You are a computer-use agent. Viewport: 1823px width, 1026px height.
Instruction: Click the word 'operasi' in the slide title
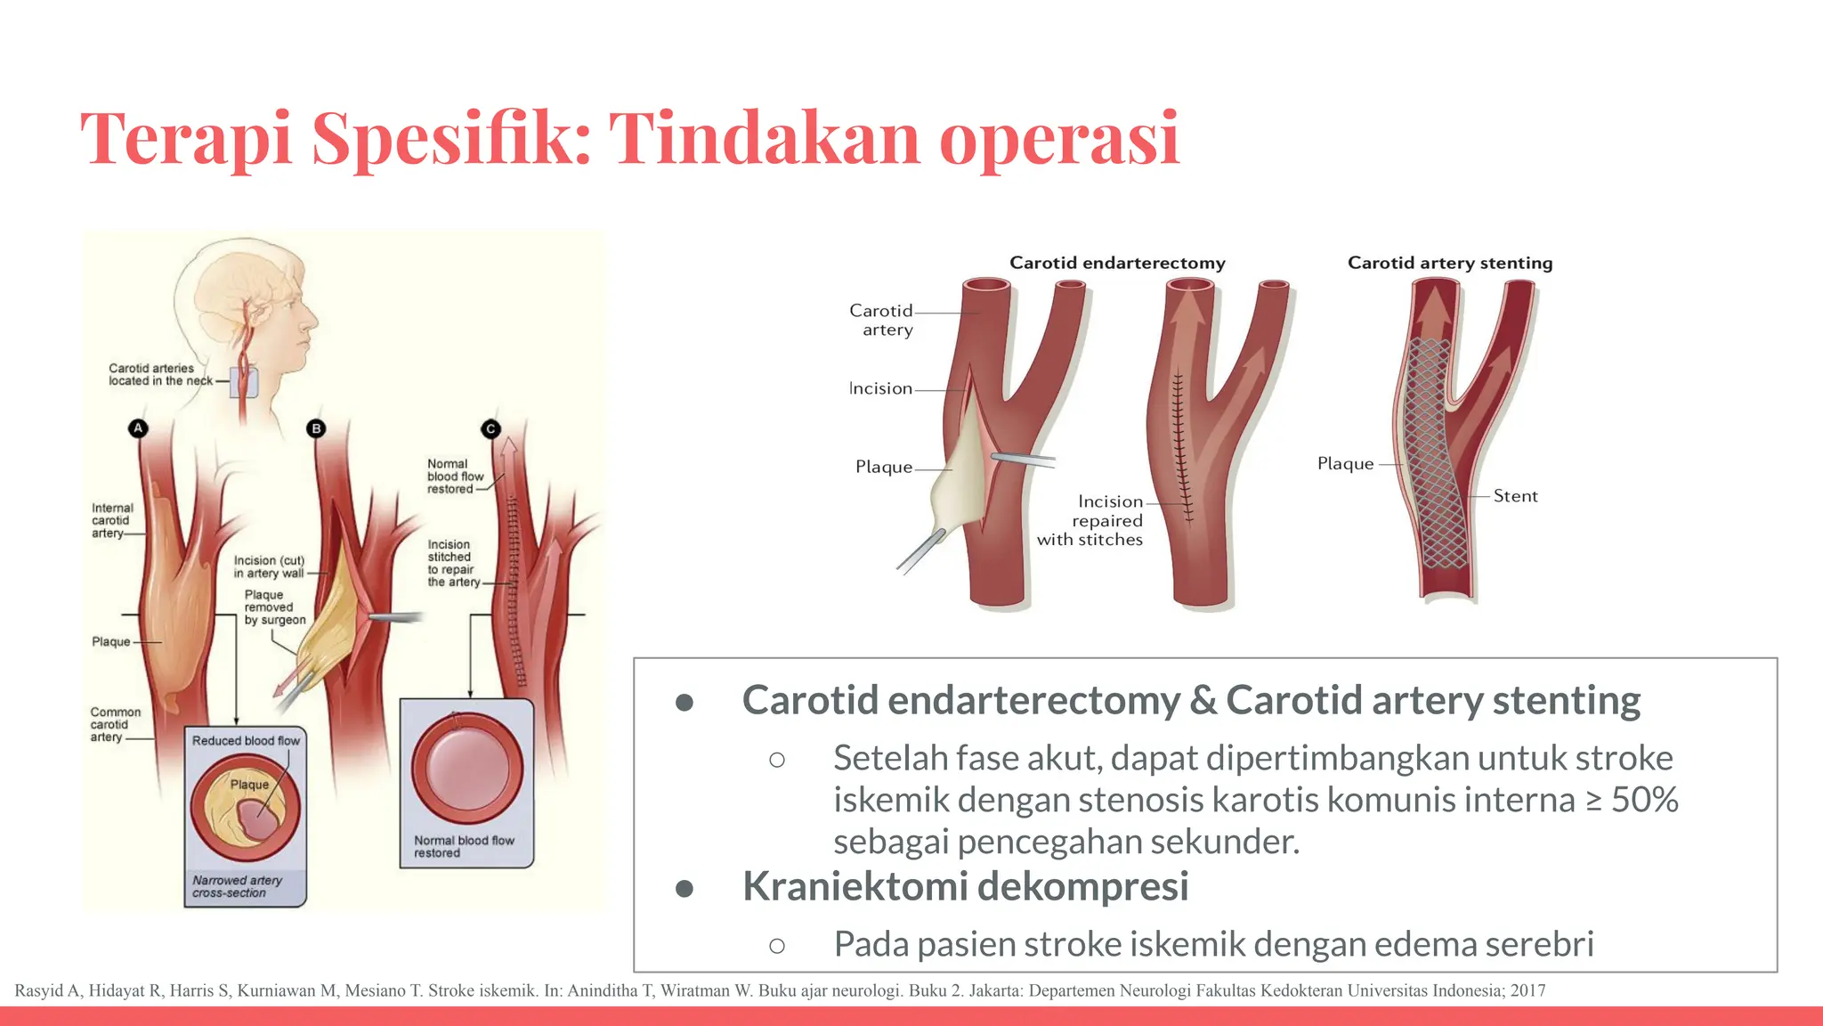click(1059, 139)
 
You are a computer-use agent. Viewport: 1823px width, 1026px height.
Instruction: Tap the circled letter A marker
click(138, 428)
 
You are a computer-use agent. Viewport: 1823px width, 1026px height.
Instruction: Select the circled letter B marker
click(316, 428)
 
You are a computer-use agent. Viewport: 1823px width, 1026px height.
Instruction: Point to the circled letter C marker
click(490, 428)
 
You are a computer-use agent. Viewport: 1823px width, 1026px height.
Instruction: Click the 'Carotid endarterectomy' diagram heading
click(1117, 263)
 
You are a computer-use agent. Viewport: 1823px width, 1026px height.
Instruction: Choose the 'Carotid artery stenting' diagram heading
click(1449, 263)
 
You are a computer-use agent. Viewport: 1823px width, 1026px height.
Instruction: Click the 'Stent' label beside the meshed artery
click(1515, 496)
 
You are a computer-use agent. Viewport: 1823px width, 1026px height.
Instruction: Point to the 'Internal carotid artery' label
click(112, 520)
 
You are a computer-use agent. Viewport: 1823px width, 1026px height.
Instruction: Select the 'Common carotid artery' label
click(115, 724)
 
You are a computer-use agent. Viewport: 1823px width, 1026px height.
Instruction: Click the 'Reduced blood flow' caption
click(246, 740)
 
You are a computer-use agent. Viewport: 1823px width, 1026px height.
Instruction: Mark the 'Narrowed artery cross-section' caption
click(237, 886)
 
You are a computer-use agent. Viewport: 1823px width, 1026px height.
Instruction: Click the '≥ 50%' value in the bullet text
click(1633, 800)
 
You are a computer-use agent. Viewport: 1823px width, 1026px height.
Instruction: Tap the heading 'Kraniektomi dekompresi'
click(965, 886)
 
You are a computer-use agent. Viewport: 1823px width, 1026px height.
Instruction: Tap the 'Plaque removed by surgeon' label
click(274, 607)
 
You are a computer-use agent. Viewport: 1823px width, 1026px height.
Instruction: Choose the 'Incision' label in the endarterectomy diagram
click(880, 388)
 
